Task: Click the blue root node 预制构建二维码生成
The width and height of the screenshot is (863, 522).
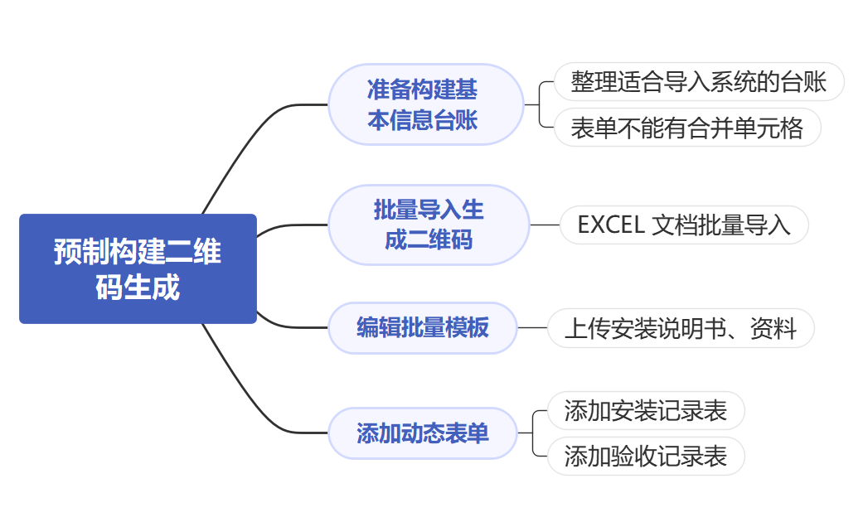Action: (x=138, y=268)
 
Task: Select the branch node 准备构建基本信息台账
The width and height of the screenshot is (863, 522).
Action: (x=425, y=104)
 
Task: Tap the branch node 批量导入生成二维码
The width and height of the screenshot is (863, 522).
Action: (x=428, y=225)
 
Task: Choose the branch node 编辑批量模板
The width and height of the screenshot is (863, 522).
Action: (x=422, y=328)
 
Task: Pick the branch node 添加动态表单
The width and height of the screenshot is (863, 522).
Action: (x=422, y=433)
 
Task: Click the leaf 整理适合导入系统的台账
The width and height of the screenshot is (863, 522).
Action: (x=698, y=82)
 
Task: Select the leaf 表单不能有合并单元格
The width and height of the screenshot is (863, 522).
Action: (x=686, y=128)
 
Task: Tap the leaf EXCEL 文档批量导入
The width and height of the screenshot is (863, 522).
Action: (x=684, y=225)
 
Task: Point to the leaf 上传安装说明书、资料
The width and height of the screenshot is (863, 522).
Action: (x=681, y=329)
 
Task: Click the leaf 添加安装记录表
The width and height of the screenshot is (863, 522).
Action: (x=646, y=411)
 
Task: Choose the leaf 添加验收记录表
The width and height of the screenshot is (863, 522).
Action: (x=646, y=457)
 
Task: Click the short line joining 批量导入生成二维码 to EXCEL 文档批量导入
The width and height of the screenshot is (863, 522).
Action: (x=545, y=225)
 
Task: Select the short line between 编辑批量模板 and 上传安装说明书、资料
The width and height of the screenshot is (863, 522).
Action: (x=532, y=328)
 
